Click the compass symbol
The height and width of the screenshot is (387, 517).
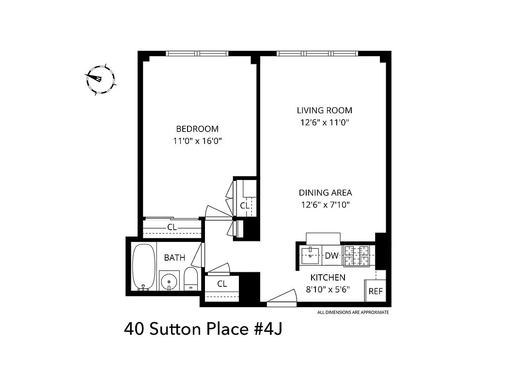(100, 79)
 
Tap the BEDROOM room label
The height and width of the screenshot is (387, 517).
(197, 129)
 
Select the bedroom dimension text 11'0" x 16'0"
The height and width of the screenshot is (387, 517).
(197, 141)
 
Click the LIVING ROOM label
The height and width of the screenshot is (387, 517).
(325, 110)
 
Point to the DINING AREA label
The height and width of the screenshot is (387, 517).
(325, 193)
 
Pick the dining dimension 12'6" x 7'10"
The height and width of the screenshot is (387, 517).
(325, 205)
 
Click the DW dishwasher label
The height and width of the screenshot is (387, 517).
(331, 256)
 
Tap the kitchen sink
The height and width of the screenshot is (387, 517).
(310, 254)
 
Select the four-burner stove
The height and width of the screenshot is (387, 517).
(357, 255)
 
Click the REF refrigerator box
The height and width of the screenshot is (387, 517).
(376, 291)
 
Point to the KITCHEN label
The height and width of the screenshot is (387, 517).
(328, 278)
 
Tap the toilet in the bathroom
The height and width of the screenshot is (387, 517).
(190, 279)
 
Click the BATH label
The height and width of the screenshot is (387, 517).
(174, 258)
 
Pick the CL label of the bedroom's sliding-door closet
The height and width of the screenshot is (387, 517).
(172, 227)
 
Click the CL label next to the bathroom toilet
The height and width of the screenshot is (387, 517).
(222, 284)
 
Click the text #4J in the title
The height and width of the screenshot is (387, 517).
(265, 329)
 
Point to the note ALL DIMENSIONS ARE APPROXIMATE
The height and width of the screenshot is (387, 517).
(353, 313)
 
